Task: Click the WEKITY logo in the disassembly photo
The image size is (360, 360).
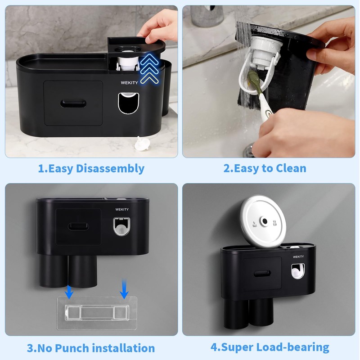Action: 129,82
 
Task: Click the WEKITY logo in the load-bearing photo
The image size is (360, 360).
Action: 298,257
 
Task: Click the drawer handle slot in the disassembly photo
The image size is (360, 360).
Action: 73,104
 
